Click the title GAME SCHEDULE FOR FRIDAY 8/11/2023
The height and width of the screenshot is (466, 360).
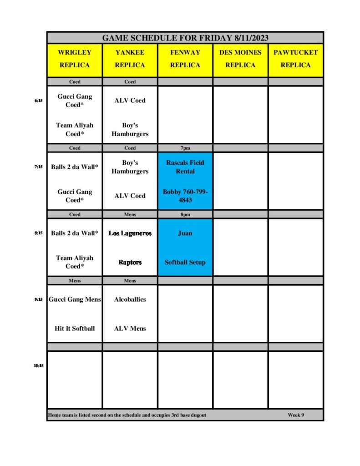pyautogui.click(x=185, y=38)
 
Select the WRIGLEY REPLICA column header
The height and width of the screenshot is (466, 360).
pyautogui.click(x=75, y=59)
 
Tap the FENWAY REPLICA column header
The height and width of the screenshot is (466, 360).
pyautogui.click(x=185, y=59)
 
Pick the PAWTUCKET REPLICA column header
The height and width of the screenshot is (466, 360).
pyautogui.click(x=295, y=59)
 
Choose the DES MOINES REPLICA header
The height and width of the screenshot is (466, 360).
pyautogui.click(x=240, y=59)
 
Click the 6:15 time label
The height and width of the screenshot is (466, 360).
pyautogui.click(x=38, y=101)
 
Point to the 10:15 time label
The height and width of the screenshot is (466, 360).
pyautogui.click(x=38, y=365)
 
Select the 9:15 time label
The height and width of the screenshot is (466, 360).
pyautogui.click(x=38, y=299)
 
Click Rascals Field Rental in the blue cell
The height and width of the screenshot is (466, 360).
pyautogui.click(x=185, y=167)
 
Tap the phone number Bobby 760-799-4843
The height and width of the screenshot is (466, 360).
pyautogui.click(x=185, y=196)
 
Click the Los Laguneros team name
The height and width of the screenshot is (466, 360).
pyautogui.click(x=130, y=233)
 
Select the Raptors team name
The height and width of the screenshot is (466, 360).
pyautogui.click(x=130, y=263)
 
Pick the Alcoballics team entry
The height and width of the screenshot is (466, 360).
pyautogui.click(x=130, y=299)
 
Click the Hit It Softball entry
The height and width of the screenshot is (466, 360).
pyautogui.click(x=75, y=329)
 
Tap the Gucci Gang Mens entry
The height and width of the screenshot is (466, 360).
pyautogui.click(x=75, y=299)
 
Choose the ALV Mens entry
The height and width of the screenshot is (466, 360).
pyautogui.click(x=130, y=329)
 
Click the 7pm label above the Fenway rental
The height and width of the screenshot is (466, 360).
pyautogui.click(x=185, y=148)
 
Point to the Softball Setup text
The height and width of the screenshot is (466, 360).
pyautogui.click(x=185, y=263)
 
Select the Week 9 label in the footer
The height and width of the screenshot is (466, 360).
pyautogui.click(x=296, y=415)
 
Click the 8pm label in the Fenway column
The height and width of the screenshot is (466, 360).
pyautogui.click(x=185, y=214)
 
